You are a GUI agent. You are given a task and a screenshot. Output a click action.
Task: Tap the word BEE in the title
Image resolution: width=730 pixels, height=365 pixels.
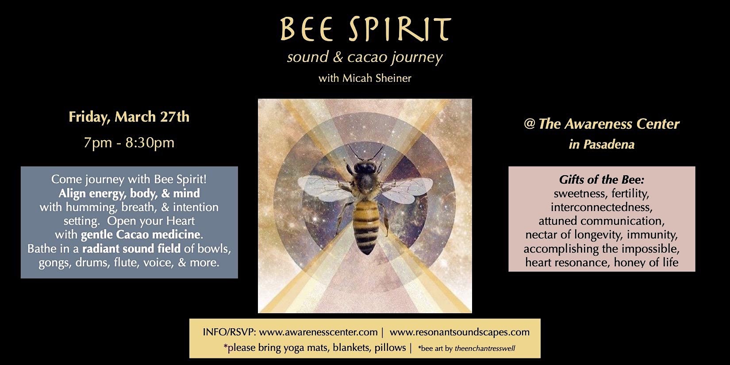[x=305, y=30]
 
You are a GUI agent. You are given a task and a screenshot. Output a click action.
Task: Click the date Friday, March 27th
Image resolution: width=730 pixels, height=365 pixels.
[x=129, y=117]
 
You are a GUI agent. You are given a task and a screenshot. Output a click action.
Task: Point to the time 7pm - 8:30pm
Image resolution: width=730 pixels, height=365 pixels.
[x=129, y=143]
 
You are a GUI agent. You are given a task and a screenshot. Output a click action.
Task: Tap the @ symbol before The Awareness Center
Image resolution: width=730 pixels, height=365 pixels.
[x=529, y=124]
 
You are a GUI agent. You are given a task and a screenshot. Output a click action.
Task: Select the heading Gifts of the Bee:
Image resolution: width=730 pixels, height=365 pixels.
[x=601, y=180]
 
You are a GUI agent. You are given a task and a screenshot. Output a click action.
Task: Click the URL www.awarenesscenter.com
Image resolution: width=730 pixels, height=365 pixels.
[x=318, y=332]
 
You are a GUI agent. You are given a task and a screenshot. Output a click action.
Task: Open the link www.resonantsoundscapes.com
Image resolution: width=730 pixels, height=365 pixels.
[x=460, y=332]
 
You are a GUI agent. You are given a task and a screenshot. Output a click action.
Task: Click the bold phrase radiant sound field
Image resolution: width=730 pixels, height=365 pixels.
[x=131, y=249]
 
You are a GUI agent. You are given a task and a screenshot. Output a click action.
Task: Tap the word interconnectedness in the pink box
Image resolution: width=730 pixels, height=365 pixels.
[x=601, y=207]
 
